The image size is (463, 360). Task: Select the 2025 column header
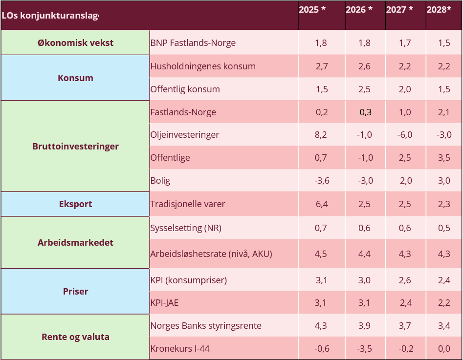[x=312, y=10]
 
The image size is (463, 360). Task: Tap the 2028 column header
[x=439, y=10]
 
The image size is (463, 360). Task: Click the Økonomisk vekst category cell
[x=75, y=43]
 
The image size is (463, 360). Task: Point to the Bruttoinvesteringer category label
[x=75, y=147]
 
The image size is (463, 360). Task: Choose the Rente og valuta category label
[x=75, y=337]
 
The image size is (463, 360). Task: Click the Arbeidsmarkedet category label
[x=75, y=243]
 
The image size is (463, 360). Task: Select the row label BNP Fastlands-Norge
[x=193, y=43]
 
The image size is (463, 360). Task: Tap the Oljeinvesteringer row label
[x=185, y=135]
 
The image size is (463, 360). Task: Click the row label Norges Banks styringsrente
[x=206, y=326]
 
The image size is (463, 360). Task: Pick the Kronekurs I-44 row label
[x=180, y=349]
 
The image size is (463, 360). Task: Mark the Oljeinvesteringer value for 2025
[x=321, y=135]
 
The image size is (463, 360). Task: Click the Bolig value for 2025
[x=321, y=181]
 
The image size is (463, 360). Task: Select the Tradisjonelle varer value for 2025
[x=321, y=204]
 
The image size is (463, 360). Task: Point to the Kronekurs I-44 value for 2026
[x=365, y=349]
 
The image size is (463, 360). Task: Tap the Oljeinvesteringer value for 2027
[x=405, y=135]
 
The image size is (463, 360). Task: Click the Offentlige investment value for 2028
[x=444, y=158]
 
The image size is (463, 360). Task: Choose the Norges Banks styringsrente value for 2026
[x=365, y=326]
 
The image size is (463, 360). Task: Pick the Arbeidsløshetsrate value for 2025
[x=321, y=254]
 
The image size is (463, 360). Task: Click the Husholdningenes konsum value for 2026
[x=365, y=66]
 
